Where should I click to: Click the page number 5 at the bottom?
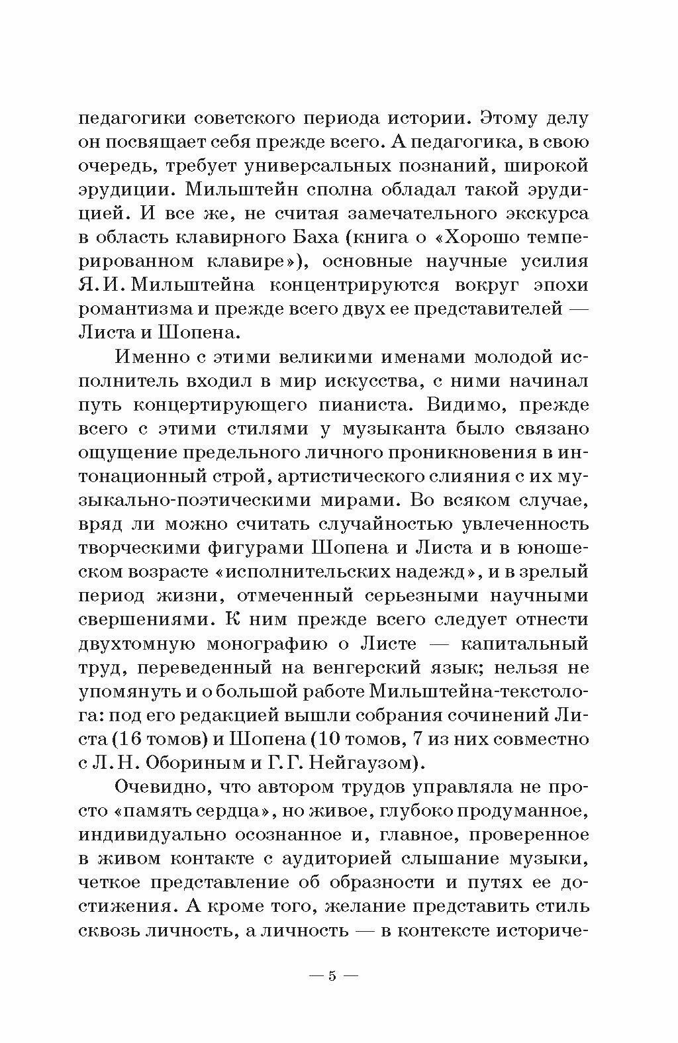[x=332, y=976]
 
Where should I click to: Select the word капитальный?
[x=536, y=643]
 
